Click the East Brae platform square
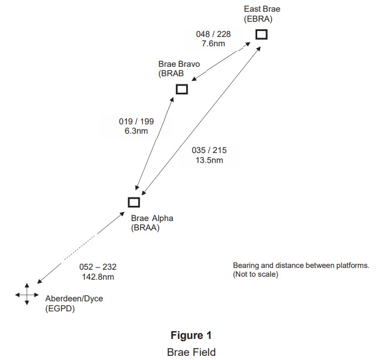pyautogui.click(x=261, y=34)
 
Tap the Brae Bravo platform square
pyautogui.click(x=182, y=89)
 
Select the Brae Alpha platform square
pyautogui.click(x=134, y=202)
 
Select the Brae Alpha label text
pyautogui.click(x=152, y=219)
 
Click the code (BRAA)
pyautogui.click(x=145, y=228)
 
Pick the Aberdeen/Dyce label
pyautogui.click(x=74, y=298)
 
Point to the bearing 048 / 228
pyautogui.click(x=213, y=34)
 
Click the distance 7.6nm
pyautogui.click(x=213, y=43)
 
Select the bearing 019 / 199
pyautogui.click(x=136, y=122)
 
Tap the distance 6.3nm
pyautogui.click(x=136, y=131)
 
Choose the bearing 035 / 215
pyautogui.click(x=209, y=151)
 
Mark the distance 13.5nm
pyautogui.click(x=209, y=160)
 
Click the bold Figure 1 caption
pyautogui.click(x=190, y=335)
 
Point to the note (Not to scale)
pyautogui.click(x=255, y=274)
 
